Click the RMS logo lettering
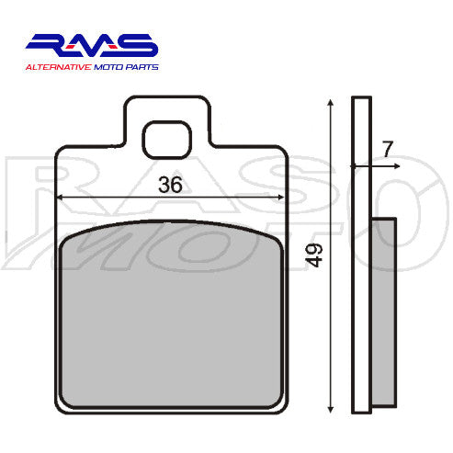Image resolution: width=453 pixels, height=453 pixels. [x=92, y=46]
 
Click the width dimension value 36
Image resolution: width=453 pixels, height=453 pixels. [x=170, y=185]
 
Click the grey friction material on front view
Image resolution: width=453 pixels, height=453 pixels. [x=170, y=312]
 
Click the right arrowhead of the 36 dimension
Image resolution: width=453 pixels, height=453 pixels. [x=277, y=198]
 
